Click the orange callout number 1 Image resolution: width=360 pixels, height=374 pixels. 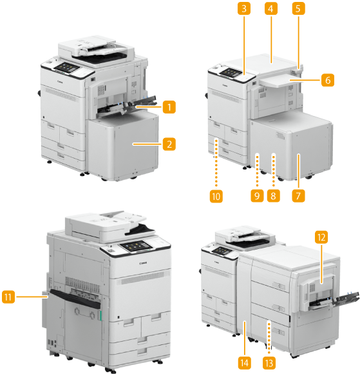click(169, 107)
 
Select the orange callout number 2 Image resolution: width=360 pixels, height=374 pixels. click(169, 144)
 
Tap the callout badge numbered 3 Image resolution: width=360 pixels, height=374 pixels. click(244, 8)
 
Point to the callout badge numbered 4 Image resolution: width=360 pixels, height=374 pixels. click(271, 8)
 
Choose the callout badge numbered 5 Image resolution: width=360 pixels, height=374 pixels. click(299, 8)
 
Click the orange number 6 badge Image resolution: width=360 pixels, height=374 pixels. click(328, 80)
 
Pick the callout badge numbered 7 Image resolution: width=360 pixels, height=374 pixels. click(299, 196)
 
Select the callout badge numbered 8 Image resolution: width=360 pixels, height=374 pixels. click(274, 196)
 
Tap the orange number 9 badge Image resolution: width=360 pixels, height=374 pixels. click(257, 196)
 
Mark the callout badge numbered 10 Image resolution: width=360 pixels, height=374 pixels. click(216, 196)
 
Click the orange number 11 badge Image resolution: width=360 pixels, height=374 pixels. click(8, 297)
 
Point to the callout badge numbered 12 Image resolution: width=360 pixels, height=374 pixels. click(321, 237)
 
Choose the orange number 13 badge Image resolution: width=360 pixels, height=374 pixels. click(269, 363)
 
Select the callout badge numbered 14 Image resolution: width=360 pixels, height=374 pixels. click(245, 363)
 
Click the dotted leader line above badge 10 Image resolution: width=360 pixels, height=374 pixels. click(216, 163)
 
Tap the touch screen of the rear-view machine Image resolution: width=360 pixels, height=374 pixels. click(137, 246)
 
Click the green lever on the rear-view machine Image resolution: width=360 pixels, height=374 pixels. click(100, 315)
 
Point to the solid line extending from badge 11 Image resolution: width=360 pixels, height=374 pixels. click(32, 297)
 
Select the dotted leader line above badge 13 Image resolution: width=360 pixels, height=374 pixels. click(269, 337)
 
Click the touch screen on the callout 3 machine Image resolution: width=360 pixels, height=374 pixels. click(231, 72)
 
